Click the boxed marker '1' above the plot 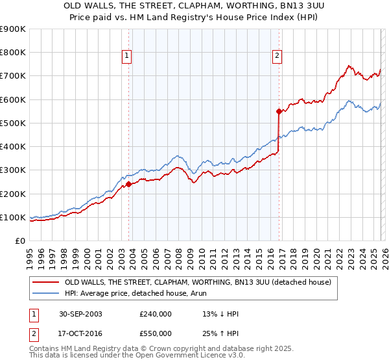point(127,57)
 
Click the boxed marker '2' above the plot point(277,57)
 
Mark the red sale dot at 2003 point(129,184)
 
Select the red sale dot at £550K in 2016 point(279,111)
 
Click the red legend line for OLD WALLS point(45,282)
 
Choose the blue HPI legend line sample point(45,293)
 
